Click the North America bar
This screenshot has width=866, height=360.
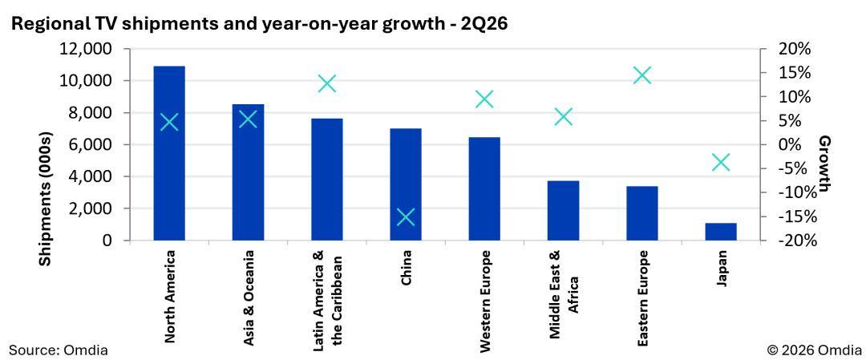tap(169, 153)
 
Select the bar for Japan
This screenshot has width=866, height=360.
tap(721, 232)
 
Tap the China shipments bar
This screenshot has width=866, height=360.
tap(406, 184)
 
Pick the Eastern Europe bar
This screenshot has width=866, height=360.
tap(642, 213)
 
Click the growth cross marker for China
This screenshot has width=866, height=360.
tap(406, 217)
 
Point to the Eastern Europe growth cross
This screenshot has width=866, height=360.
tap(642, 75)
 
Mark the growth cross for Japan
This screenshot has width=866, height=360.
tap(721, 162)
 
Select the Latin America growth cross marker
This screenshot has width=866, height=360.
tap(327, 84)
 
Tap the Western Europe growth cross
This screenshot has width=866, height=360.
tap(484, 99)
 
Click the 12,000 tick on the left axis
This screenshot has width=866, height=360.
tap(89, 49)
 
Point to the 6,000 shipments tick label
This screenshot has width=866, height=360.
tap(93, 144)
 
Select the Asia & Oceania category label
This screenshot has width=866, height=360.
tap(248, 299)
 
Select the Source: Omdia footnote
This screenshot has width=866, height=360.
tap(58, 350)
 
